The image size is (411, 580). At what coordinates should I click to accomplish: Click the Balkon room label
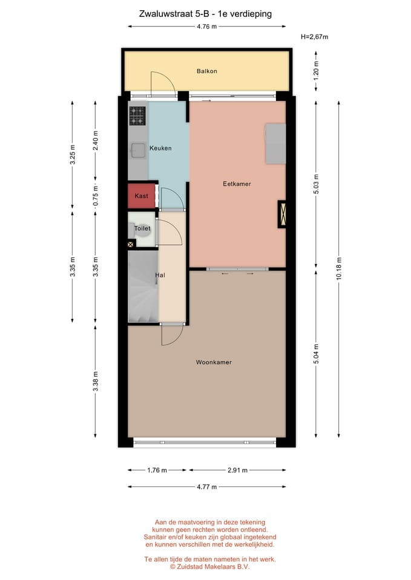tap(206, 71)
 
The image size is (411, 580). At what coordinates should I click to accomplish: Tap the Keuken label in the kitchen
tap(160, 148)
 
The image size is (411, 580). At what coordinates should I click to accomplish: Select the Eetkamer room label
tap(237, 184)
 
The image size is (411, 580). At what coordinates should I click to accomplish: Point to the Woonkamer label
tap(214, 362)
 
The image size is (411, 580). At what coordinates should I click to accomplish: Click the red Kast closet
tap(142, 196)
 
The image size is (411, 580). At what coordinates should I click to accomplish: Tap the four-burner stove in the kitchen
tap(138, 115)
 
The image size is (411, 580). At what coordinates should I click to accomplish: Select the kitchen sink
tap(138, 150)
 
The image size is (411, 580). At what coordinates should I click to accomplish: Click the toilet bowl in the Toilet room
tap(134, 230)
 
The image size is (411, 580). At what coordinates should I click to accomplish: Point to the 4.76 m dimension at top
tap(206, 26)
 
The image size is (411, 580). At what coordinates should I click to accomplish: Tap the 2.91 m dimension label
tap(237, 470)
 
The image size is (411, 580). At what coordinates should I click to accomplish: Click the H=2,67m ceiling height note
tap(314, 37)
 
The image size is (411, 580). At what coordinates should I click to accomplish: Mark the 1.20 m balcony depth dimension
tap(316, 71)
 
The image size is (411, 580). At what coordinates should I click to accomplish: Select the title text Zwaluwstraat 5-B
tap(168, 13)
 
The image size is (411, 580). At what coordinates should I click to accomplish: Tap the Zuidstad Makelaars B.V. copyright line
tap(210, 567)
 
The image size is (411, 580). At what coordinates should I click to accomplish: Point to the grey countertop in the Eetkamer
tap(276, 144)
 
